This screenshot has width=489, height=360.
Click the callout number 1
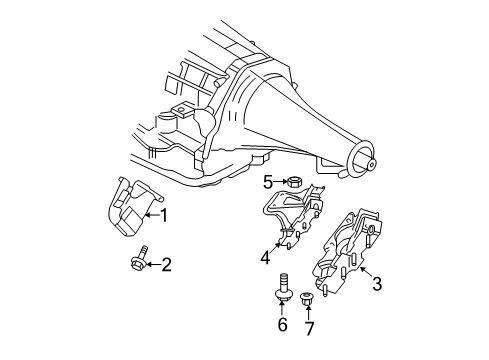pos(165,214)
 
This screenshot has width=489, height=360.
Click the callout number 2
pos(167,264)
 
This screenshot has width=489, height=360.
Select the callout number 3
pos(377,287)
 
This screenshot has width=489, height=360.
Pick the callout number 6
pos(282,325)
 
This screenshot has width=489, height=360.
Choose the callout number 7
pos(308,327)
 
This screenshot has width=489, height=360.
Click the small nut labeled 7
pos(308,297)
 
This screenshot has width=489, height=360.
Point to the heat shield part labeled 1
pos(127,210)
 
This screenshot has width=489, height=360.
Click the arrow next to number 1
pos(150,214)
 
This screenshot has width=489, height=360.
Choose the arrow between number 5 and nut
pos(281,181)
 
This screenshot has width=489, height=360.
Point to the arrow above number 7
pos(308,311)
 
